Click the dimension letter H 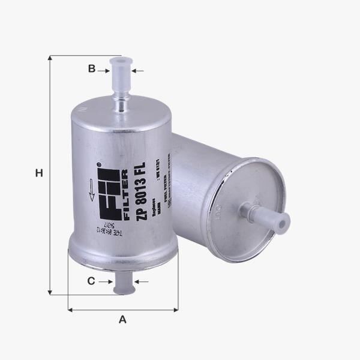tap(39, 173)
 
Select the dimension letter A tap(122, 319)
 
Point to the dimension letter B tap(92, 68)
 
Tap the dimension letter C tap(91, 281)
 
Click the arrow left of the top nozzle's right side tap(137, 71)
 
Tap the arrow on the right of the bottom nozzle tap(141, 281)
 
